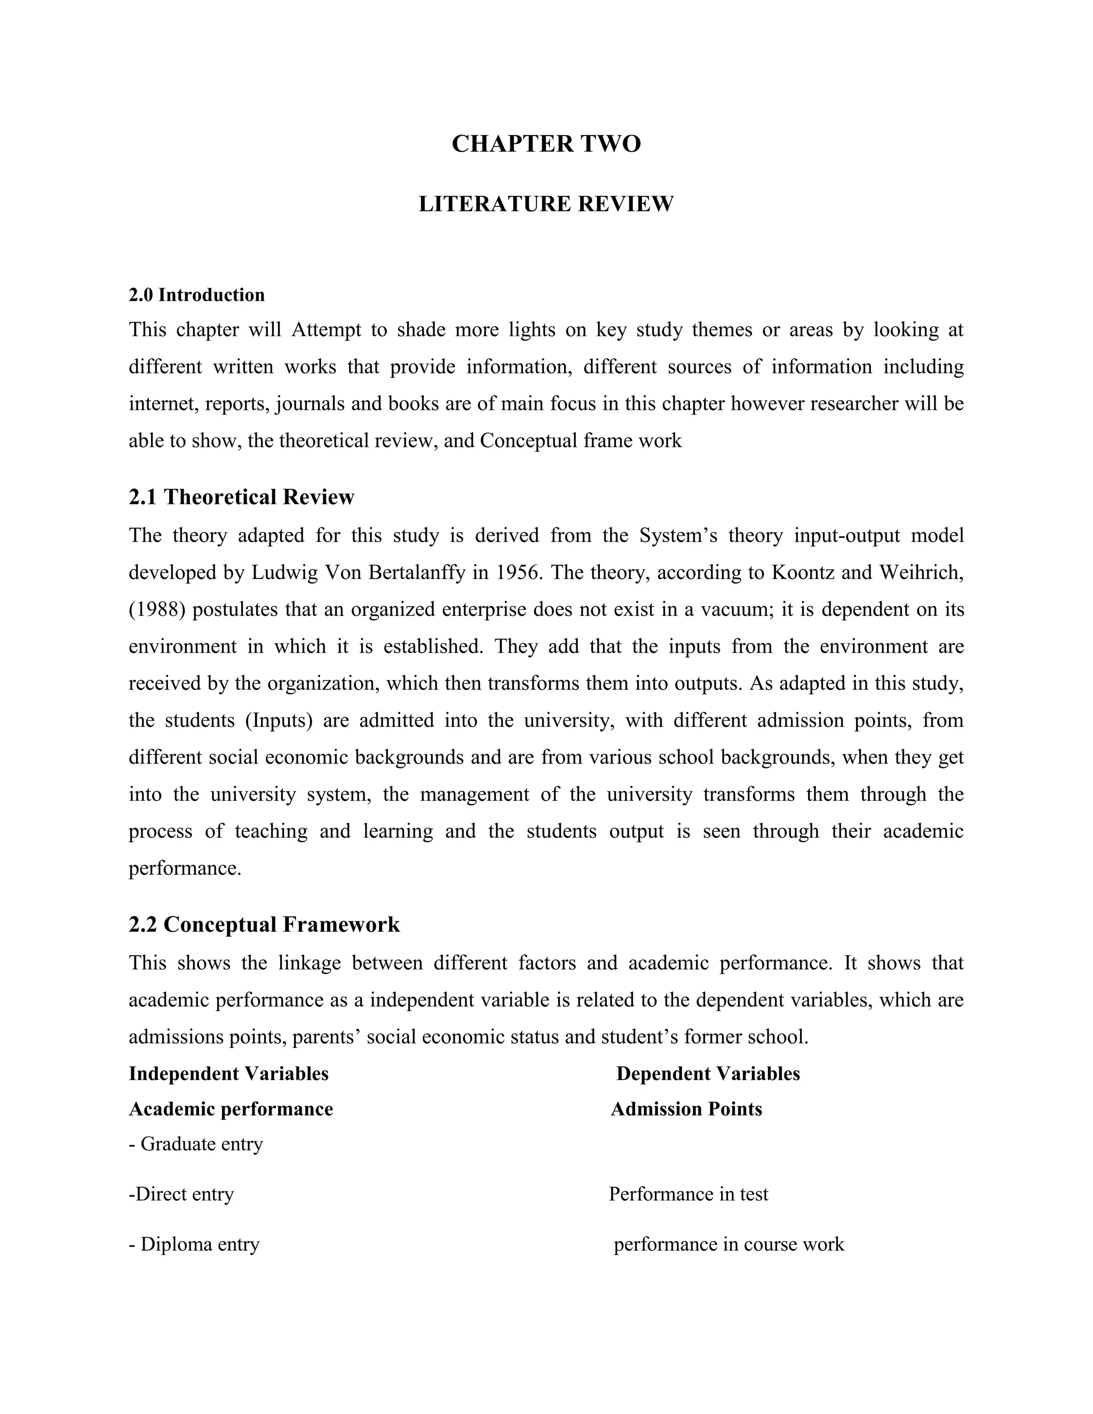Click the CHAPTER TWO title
tap(546, 144)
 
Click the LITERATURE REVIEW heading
tap(546, 204)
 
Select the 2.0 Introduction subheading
tap(197, 295)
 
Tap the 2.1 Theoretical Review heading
tap(242, 497)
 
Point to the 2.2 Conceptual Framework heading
tap(264, 925)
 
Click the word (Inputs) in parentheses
tap(279, 720)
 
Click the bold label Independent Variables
tap(228, 1074)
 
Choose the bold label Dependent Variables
tap(708, 1074)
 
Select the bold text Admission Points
tap(686, 1109)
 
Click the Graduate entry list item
tap(196, 1144)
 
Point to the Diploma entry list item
tap(194, 1244)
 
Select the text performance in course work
tap(728, 1244)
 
